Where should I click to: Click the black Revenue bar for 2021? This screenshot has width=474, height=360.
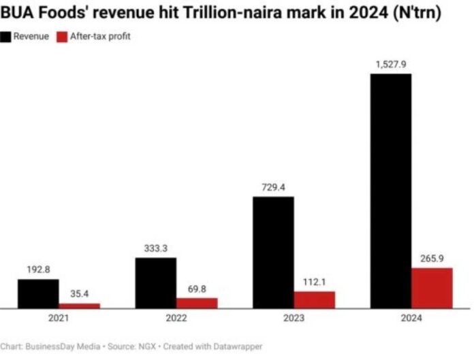[38, 294]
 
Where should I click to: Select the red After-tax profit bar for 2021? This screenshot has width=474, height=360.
[79, 306]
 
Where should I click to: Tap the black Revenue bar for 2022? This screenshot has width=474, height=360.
[156, 283]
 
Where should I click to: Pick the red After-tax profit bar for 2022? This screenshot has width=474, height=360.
[197, 303]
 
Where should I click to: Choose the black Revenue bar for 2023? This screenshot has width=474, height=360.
[273, 252]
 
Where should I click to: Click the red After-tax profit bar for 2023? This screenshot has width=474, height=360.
[314, 299]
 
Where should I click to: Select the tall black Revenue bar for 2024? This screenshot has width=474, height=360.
[391, 191]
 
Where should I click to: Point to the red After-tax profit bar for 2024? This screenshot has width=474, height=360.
[432, 288]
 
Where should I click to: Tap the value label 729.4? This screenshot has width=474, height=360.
[273, 188]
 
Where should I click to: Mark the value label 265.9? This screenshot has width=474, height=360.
[432, 259]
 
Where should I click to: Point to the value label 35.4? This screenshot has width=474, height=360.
[79, 294]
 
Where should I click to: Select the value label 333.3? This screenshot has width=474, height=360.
[156, 249]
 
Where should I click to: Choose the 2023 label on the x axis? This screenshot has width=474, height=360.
[294, 318]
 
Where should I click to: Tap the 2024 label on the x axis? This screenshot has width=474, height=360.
[411, 318]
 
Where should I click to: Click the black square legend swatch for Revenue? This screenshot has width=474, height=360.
[6, 36]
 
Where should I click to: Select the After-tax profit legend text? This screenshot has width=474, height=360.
[100, 36]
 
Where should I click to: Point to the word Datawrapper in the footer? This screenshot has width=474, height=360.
[236, 346]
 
